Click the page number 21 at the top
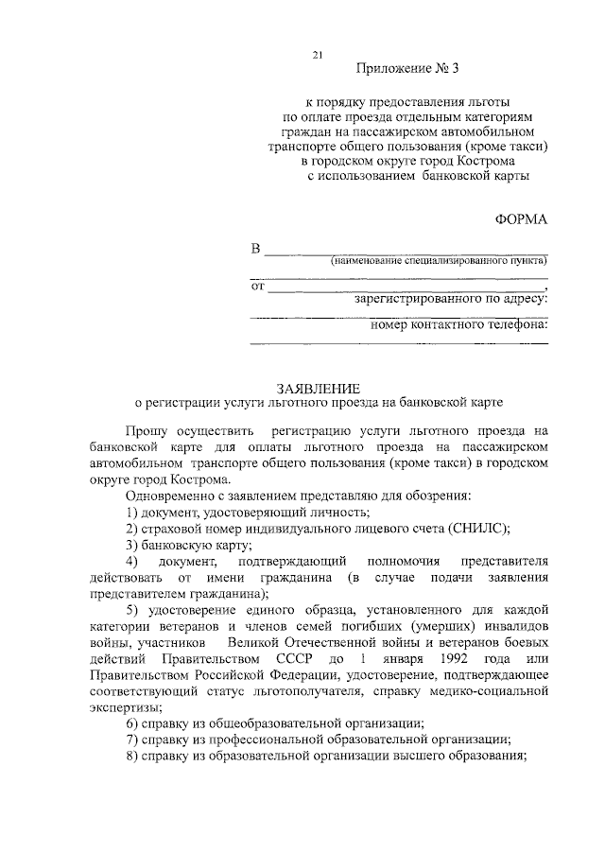(320, 55)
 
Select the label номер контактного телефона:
(459, 326)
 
